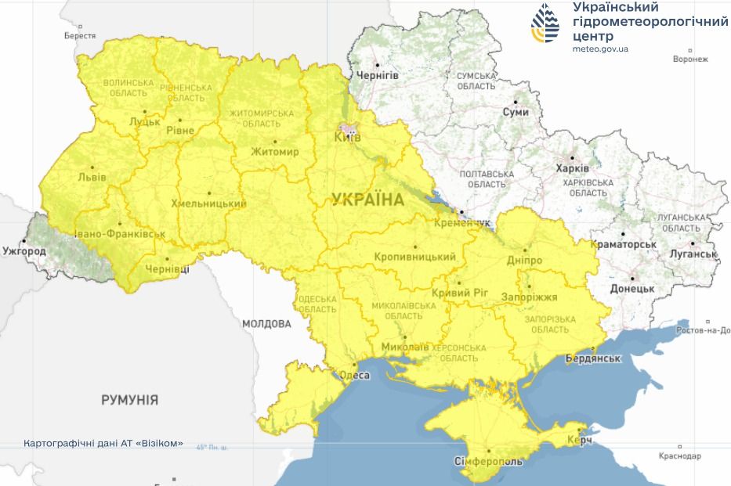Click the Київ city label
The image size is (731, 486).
click(x=347, y=138)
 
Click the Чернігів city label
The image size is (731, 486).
click(x=377, y=75)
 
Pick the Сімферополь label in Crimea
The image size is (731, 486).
click(x=488, y=462)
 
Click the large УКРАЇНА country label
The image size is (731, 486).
click(x=367, y=200)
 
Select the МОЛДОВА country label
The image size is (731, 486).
click(x=266, y=324)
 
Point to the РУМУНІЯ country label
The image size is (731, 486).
click(x=129, y=400)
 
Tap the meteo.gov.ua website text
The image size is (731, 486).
click(x=600, y=49)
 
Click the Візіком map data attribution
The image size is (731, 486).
click(x=104, y=444)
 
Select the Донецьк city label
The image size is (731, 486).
click(x=631, y=288)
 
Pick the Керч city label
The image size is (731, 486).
click(x=580, y=442)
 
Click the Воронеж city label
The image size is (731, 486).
click(x=690, y=59)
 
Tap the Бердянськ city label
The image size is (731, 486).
click(x=593, y=358)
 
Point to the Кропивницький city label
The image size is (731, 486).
click(x=414, y=257)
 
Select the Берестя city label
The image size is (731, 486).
click(x=80, y=36)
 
